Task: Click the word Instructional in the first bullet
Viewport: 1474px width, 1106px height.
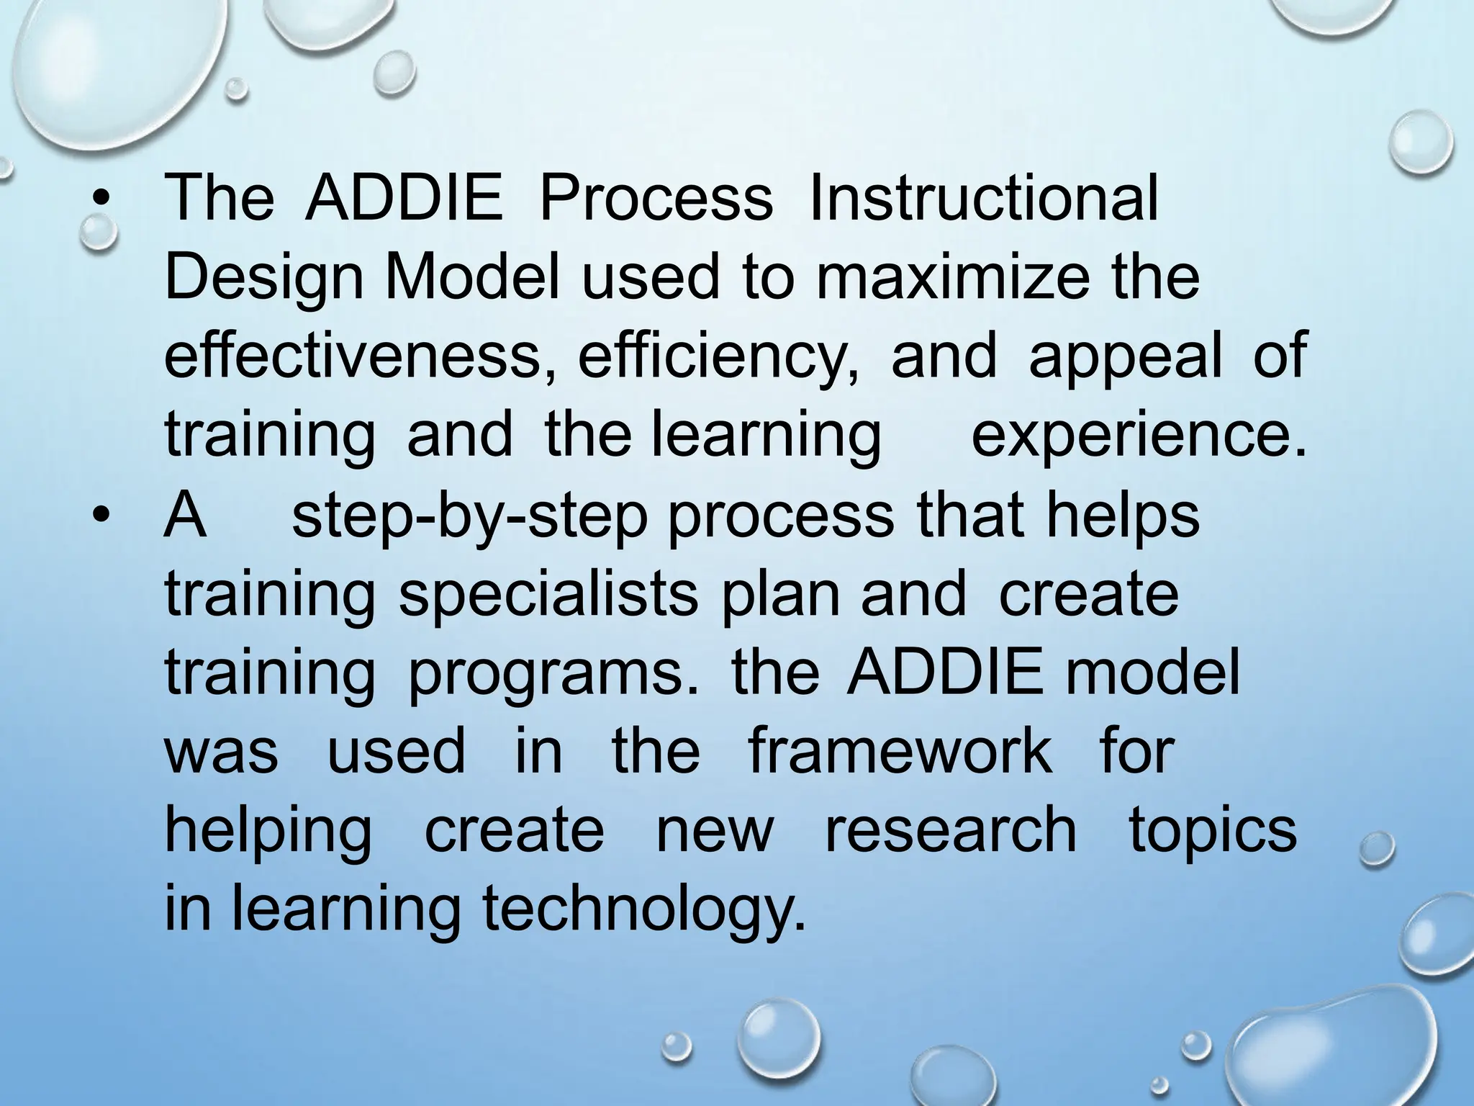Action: (983, 198)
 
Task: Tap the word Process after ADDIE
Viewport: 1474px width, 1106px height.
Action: (656, 198)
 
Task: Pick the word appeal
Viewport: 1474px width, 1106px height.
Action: (1125, 358)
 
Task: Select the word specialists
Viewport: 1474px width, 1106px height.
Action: (548, 595)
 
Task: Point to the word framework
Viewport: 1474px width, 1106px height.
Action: (900, 750)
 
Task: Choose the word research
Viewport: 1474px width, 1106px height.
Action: (950, 829)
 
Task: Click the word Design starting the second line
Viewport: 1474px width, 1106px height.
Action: (263, 279)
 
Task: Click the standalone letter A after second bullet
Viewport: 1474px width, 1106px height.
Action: (186, 515)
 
